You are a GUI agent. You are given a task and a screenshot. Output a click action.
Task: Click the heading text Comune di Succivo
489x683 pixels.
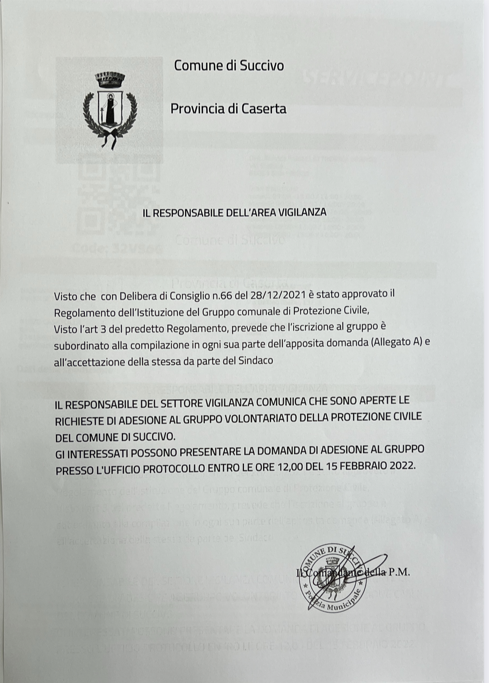(x=229, y=65)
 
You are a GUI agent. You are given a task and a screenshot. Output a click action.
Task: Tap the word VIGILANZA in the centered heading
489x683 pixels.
(x=303, y=212)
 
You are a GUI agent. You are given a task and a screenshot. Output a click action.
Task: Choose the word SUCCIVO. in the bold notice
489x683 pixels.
(x=153, y=437)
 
